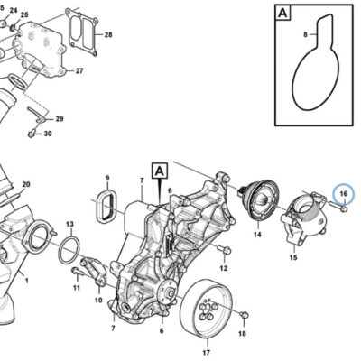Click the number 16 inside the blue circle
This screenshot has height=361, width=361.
pyautogui.click(x=344, y=194)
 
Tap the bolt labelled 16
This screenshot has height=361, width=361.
pyautogui.click(x=338, y=206)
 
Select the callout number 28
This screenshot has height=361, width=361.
pyautogui.click(x=108, y=35)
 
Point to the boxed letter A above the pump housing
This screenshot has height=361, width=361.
pyautogui.click(x=161, y=171)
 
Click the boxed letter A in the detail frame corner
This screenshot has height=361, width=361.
pyautogui.click(x=282, y=13)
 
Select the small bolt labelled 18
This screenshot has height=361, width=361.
pyautogui.click(x=244, y=315)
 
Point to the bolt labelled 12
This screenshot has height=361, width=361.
pyautogui.click(x=223, y=249)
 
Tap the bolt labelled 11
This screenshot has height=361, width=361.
pyautogui.click(x=77, y=272)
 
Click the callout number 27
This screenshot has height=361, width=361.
pyautogui.click(x=79, y=71)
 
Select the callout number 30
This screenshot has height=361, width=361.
pyautogui.click(x=48, y=134)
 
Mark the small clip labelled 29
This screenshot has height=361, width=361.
pyautogui.click(x=37, y=115)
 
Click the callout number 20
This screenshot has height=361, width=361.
pyautogui.click(x=26, y=184)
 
